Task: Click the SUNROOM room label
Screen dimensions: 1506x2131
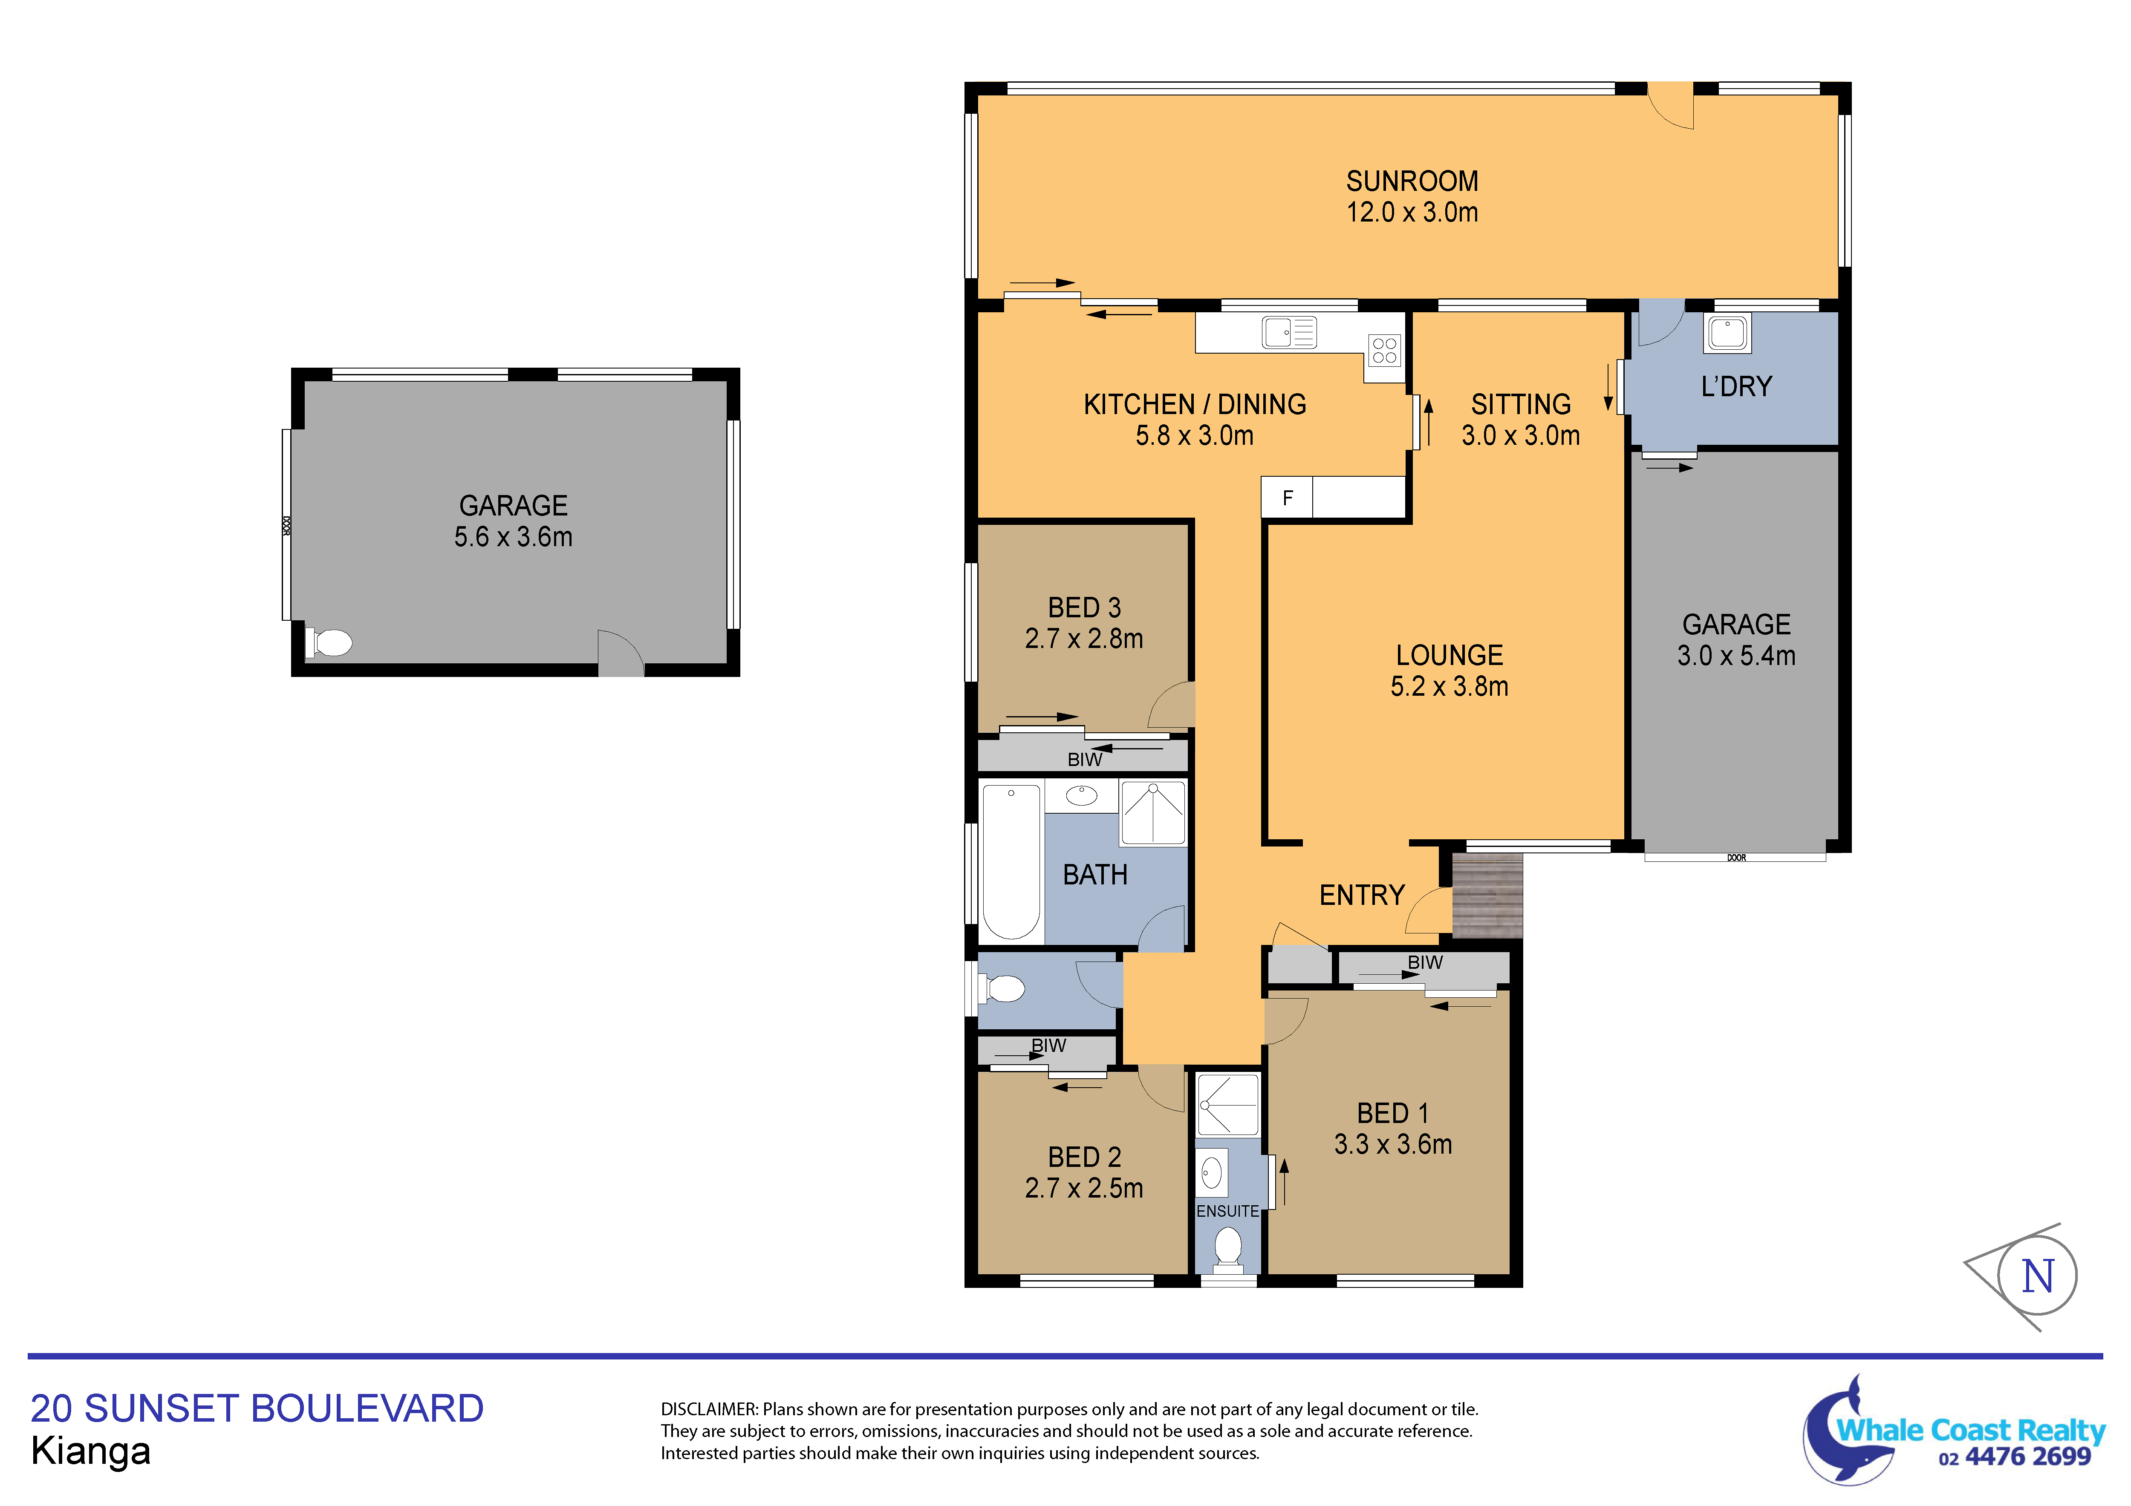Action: pos(1412,181)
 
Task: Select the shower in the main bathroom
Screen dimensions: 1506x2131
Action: pos(1154,813)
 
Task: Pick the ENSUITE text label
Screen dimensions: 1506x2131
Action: pos(1227,1211)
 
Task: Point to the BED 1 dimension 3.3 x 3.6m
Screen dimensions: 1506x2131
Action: pos(1392,1144)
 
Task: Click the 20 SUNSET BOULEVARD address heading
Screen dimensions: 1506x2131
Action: pos(257,1408)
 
